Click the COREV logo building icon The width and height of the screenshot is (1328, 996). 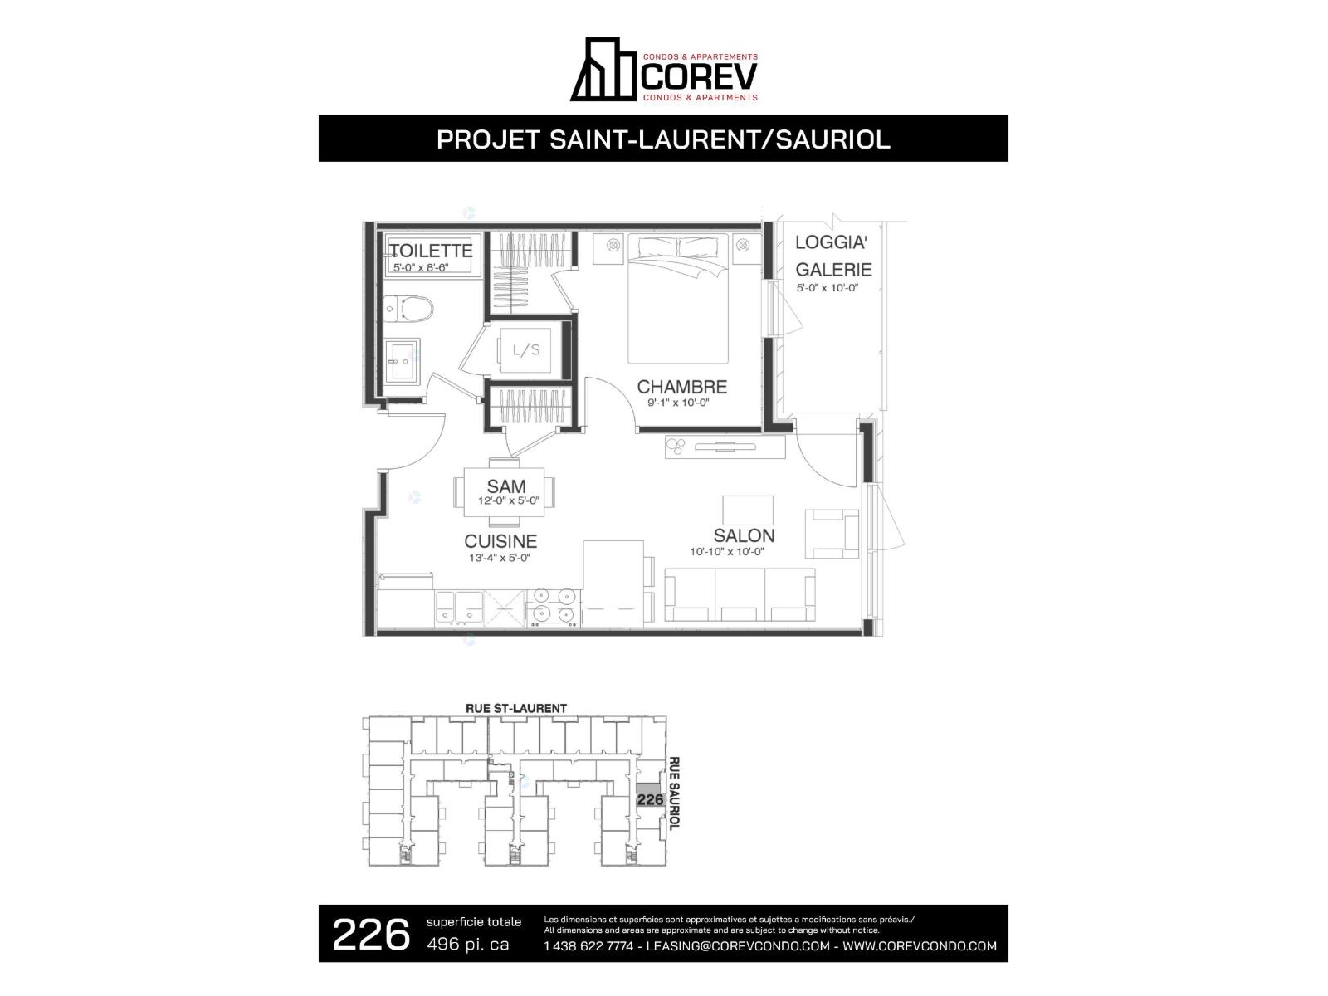coord(603,70)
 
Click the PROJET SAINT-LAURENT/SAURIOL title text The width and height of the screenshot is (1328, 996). coord(663,139)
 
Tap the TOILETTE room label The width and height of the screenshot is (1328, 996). coord(431,251)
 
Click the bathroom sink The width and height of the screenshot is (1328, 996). coord(403,360)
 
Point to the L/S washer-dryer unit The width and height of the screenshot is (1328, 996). coord(525,350)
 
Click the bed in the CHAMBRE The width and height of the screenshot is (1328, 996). coord(677,299)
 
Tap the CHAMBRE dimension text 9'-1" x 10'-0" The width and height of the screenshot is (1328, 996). coord(678,403)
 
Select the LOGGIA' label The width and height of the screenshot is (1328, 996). coord(832,242)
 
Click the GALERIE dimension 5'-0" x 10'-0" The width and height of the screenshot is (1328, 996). coord(827,288)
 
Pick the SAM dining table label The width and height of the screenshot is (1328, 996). coord(506,486)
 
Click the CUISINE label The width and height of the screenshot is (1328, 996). coord(500,541)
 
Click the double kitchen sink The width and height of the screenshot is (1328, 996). coord(459,608)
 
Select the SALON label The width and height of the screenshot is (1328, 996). coord(744,536)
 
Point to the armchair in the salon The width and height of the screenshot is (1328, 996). coord(832,534)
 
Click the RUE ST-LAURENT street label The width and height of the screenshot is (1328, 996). coord(516,708)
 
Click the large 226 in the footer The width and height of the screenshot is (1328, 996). coord(371,935)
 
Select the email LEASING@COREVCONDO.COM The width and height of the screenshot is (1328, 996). coord(738,946)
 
